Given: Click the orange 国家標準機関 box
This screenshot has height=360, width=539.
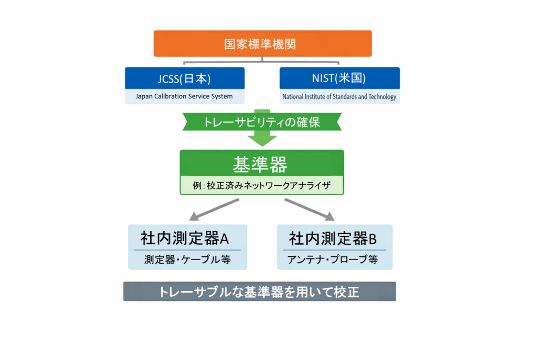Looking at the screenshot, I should (262, 44).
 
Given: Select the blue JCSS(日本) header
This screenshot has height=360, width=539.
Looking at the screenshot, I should (185, 78).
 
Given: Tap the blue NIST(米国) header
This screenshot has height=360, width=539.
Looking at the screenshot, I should (339, 78).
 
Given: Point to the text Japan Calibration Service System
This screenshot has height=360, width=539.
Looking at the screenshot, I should (184, 96).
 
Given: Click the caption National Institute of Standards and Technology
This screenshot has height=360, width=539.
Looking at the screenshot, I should (340, 97).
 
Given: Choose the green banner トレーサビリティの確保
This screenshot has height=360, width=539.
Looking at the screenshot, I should (262, 122).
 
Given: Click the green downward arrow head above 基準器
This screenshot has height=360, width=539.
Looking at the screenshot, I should (262, 139).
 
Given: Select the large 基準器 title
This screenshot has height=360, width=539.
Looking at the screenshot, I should (261, 165).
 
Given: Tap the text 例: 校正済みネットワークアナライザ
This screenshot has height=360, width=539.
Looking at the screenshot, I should (262, 185).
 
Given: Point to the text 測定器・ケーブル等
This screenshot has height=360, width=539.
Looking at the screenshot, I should (187, 259).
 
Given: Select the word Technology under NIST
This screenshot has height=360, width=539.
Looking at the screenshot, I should (382, 97).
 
